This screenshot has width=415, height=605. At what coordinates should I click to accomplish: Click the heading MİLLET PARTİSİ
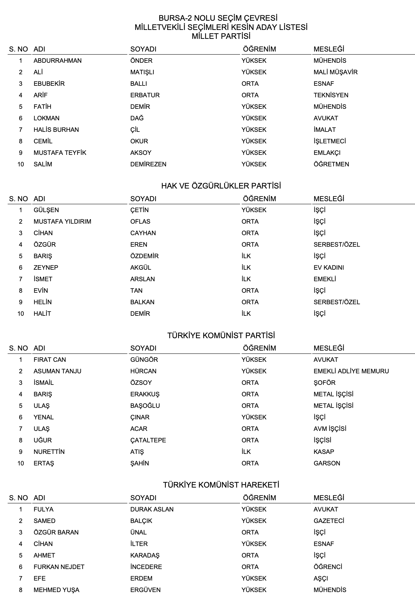(x=221, y=36)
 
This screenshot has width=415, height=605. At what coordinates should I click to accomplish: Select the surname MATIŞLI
(x=142, y=72)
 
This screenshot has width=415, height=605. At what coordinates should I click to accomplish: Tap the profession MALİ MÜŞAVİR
(x=335, y=72)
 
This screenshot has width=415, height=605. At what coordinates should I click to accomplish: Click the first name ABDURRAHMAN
(x=58, y=60)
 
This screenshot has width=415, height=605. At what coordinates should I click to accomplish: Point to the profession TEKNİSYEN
(x=331, y=95)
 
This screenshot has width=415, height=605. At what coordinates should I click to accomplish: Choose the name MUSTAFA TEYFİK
(x=60, y=153)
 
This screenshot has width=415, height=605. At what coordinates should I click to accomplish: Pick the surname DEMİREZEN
(x=148, y=164)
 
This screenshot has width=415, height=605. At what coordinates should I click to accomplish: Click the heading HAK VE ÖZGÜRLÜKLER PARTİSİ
(x=221, y=186)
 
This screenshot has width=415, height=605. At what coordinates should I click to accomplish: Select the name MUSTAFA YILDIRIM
(x=62, y=221)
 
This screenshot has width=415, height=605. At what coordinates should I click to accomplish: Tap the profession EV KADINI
(x=329, y=267)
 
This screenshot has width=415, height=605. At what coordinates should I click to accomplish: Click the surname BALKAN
(x=142, y=302)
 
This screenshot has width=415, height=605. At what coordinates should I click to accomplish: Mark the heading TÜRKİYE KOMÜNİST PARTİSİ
(x=221, y=336)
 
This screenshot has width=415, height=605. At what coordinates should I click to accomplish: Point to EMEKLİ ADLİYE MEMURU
(x=351, y=371)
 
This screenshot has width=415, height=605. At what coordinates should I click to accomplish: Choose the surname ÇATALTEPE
(x=148, y=440)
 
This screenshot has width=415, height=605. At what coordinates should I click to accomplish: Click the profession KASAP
(x=324, y=452)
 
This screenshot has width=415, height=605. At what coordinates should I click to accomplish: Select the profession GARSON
(x=327, y=463)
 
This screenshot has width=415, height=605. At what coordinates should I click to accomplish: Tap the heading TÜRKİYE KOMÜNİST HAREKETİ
(x=221, y=485)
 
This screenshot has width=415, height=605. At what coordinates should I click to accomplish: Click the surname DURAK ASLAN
(x=152, y=509)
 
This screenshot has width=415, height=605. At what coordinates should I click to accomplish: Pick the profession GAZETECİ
(x=329, y=521)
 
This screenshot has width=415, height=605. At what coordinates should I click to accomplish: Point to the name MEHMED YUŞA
(x=56, y=590)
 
